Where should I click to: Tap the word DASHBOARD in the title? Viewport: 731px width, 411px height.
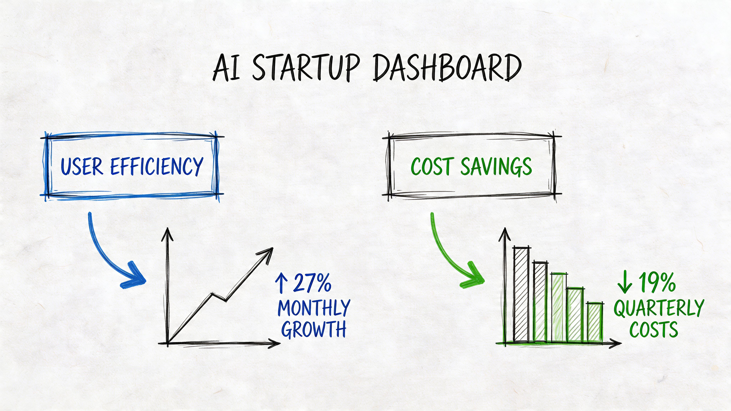447,68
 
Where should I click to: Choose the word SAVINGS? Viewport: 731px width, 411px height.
496,167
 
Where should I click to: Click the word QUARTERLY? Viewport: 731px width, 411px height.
658,308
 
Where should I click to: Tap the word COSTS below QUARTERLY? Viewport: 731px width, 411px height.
654,329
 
